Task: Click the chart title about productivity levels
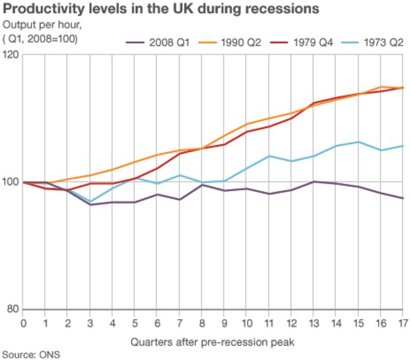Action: [x=162, y=9]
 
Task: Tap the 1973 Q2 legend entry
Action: [x=385, y=41]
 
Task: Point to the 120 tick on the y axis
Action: [x=11, y=54]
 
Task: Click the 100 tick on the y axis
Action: [x=11, y=182]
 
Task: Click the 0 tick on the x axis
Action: [x=23, y=322]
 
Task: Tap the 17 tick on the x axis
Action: [x=402, y=322]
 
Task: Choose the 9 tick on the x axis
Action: [x=224, y=322]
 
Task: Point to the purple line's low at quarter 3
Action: [x=90, y=205]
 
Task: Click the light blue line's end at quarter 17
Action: [x=402, y=145]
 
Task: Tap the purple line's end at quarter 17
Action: [x=402, y=198]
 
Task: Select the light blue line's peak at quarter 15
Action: [x=358, y=141]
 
